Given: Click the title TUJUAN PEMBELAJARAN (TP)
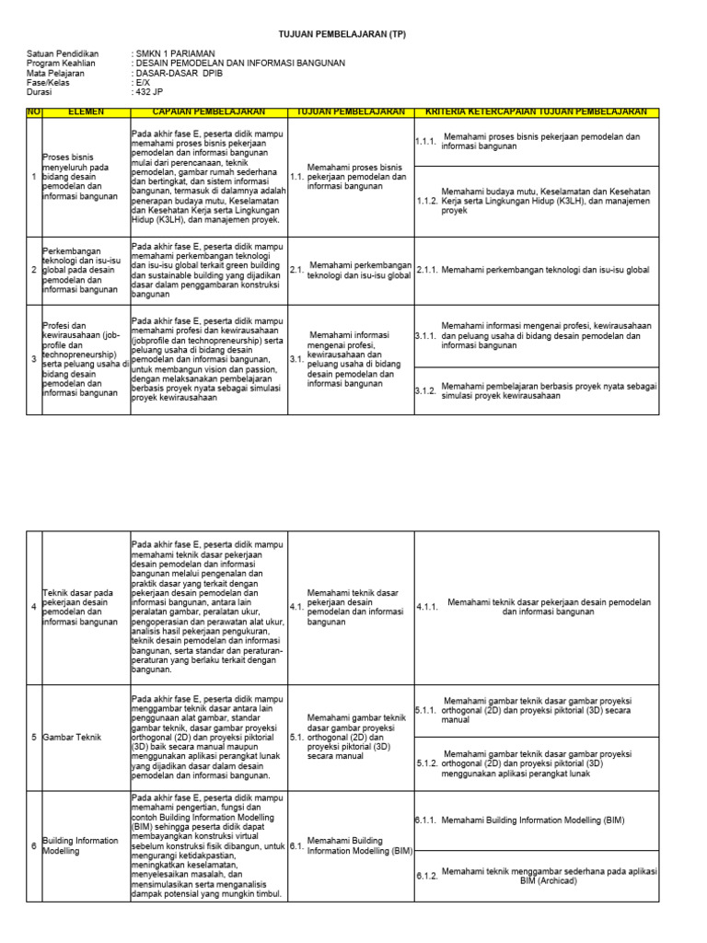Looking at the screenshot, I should (342, 34).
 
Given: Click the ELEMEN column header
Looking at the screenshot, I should (87, 111).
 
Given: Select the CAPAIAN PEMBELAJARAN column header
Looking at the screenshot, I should (209, 111).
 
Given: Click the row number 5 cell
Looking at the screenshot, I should (34, 738).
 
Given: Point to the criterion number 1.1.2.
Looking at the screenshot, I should (426, 200).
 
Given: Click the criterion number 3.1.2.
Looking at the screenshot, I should (426, 390).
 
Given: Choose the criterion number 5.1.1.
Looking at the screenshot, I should (426, 711).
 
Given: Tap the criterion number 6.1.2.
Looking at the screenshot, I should (426, 875).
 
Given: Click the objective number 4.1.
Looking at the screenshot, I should (296, 607).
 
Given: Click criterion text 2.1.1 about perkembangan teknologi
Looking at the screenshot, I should (545, 270).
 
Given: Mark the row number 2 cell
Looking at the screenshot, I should (34, 270).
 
